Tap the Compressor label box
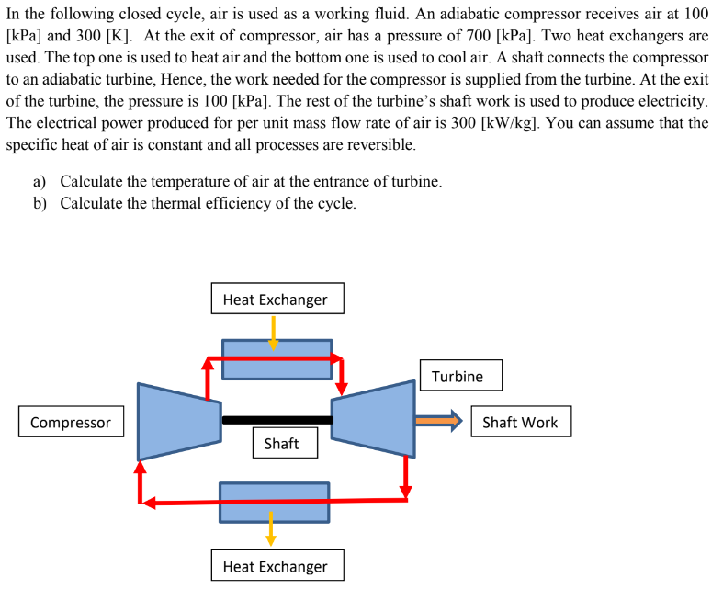[71, 423]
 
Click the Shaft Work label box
[520, 423]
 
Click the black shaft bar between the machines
[277, 420]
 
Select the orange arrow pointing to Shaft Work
[438, 421]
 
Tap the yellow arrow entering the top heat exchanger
[273, 333]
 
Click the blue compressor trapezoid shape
[178, 421]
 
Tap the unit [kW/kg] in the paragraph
[510, 123]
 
